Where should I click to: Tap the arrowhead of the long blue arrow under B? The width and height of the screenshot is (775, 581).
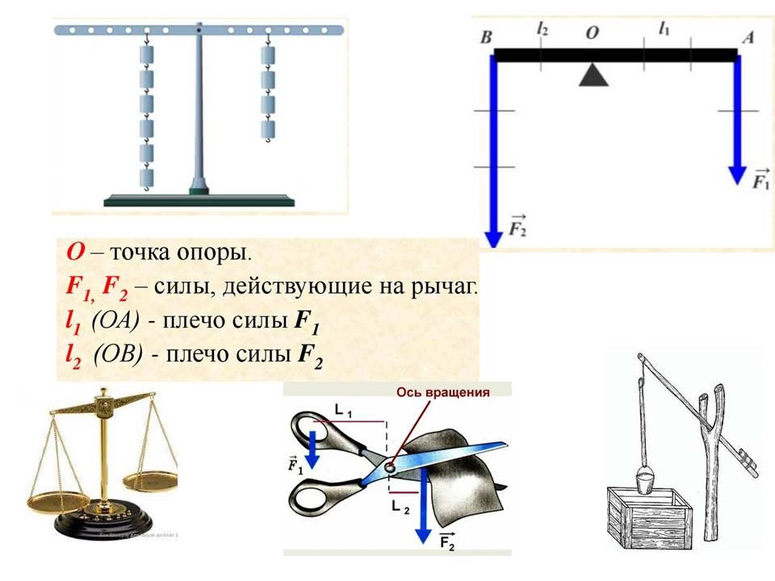click(x=492, y=236)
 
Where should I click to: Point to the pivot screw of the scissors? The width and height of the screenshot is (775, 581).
click(x=390, y=467)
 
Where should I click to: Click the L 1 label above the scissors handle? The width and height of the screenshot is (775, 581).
click(x=344, y=412)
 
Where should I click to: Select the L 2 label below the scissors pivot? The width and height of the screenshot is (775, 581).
click(x=399, y=505)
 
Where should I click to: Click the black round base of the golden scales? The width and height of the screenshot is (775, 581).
click(x=103, y=523)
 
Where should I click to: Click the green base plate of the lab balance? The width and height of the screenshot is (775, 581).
click(x=199, y=200)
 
